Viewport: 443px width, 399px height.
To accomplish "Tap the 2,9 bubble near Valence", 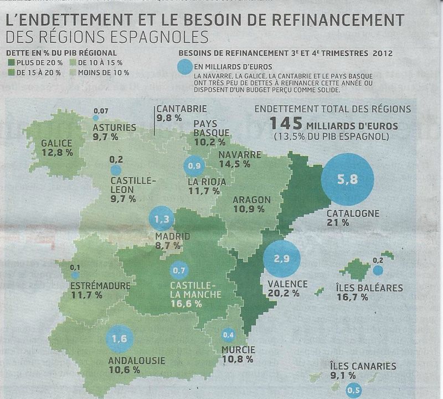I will (x=282, y=258).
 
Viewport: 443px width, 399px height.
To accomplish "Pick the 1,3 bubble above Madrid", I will (x=162, y=219).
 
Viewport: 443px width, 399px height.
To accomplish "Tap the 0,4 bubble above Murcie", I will (x=228, y=335).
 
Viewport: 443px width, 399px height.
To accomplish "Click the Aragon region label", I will (x=251, y=200).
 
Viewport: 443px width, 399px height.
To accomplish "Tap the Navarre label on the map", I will (x=240, y=155).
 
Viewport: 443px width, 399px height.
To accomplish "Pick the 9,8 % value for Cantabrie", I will (x=169, y=118).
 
